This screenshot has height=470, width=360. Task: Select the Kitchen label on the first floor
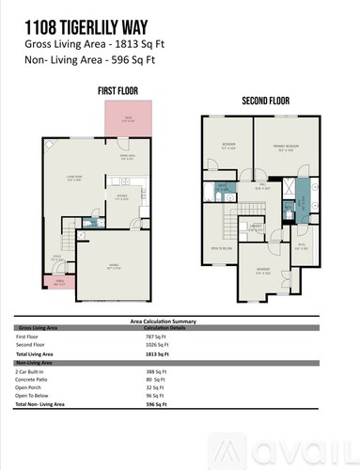[x=121, y=198]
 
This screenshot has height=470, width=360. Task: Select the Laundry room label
[x=256, y=227]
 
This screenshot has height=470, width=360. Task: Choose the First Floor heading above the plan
[x=118, y=90]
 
